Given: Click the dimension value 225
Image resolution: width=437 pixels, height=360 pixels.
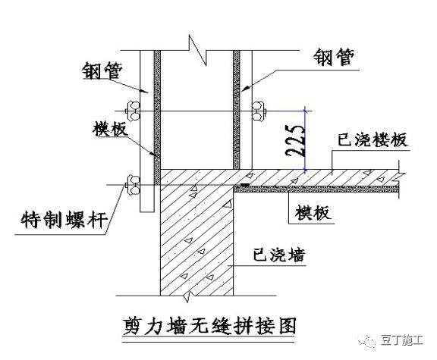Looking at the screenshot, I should point(297,139).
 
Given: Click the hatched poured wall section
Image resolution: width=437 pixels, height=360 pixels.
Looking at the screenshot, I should point(193,243).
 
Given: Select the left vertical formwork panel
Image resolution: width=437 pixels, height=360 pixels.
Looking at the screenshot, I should point(156,106).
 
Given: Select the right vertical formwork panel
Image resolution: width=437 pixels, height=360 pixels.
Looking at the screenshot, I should point(237,106).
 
